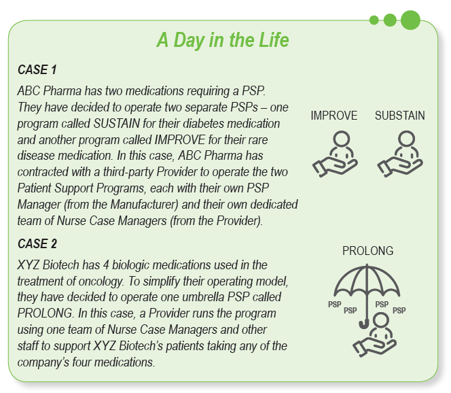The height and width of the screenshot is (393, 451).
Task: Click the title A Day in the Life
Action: click(223, 39)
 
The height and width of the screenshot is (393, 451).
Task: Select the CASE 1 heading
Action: click(37, 69)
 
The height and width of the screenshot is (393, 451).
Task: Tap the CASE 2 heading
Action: click(37, 243)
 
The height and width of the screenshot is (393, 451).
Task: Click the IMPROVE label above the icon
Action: click(334, 116)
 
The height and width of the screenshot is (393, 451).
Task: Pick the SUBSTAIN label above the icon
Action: click(400, 116)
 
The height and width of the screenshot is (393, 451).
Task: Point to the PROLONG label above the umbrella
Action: click(367, 251)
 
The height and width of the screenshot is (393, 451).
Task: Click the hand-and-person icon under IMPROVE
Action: click(335, 154)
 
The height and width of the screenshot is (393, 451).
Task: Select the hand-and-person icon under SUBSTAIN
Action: click(400, 154)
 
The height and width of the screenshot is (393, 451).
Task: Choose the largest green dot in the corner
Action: click(410, 20)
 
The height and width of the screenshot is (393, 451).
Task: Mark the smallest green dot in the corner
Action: click(374, 20)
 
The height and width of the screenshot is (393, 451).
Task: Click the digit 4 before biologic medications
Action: click(106, 265)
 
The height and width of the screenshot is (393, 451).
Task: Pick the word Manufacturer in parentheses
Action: click(145, 205)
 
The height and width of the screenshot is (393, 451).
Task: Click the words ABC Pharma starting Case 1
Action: click(50, 91)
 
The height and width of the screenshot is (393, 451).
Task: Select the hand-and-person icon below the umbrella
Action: click(374, 335)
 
